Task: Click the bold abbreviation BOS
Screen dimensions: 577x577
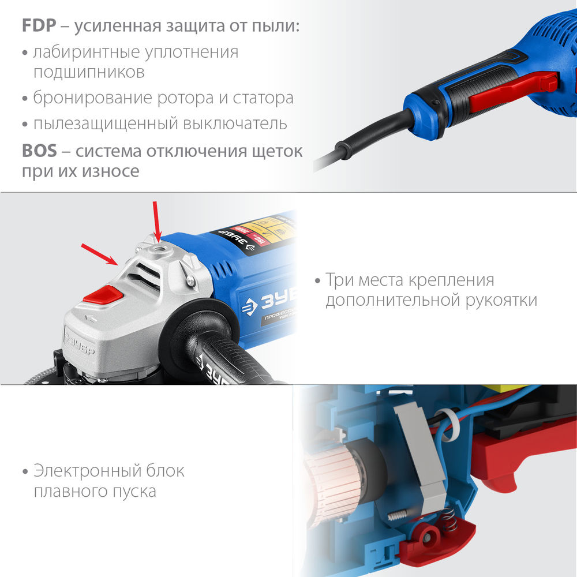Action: (x=39, y=151)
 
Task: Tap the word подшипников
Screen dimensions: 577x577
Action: (x=89, y=73)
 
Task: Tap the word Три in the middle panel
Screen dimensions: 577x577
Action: (x=340, y=280)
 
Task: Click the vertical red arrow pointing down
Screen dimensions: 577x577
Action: (x=155, y=220)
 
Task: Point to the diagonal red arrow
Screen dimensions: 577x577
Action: (x=99, y=253)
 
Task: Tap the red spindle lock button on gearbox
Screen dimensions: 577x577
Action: (x=103, y=296)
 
